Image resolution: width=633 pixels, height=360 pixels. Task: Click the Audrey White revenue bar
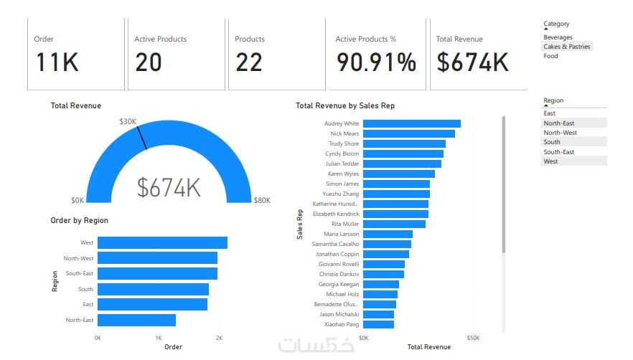coord(411,124)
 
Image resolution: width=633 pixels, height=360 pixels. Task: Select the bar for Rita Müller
coord(394,224)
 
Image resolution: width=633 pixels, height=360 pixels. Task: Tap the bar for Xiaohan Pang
coord(378,325)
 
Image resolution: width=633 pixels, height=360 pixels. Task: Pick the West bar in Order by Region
coord(162,243)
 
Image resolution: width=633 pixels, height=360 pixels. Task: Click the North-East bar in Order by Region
coord(136,320)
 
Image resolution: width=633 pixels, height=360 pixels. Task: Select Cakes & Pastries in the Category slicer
coord(568,47)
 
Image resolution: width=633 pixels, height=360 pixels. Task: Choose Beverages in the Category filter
coord(558,37)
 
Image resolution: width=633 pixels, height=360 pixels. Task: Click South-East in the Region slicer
coord(558,152)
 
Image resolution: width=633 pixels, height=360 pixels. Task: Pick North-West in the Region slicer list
coord(560,133)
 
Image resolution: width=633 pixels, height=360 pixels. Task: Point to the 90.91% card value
coord(377,63)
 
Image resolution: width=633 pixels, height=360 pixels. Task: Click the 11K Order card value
coord(57,63)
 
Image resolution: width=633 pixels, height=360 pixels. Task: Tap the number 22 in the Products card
coord(249,63)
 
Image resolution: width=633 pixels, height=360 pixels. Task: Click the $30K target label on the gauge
coord(128,122)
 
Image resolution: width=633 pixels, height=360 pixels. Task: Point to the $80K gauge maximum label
coord(262,201)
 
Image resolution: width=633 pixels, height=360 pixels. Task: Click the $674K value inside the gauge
coord(169,188)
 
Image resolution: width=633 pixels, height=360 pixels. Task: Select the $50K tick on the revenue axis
coord(472,337)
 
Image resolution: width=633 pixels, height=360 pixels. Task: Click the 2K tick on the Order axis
coord(219,337)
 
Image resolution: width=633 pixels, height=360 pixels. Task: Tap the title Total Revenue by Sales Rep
coord(345,106)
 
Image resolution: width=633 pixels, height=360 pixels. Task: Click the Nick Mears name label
coord(344,134)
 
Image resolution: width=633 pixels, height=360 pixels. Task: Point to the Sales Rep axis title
coord(300,224)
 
